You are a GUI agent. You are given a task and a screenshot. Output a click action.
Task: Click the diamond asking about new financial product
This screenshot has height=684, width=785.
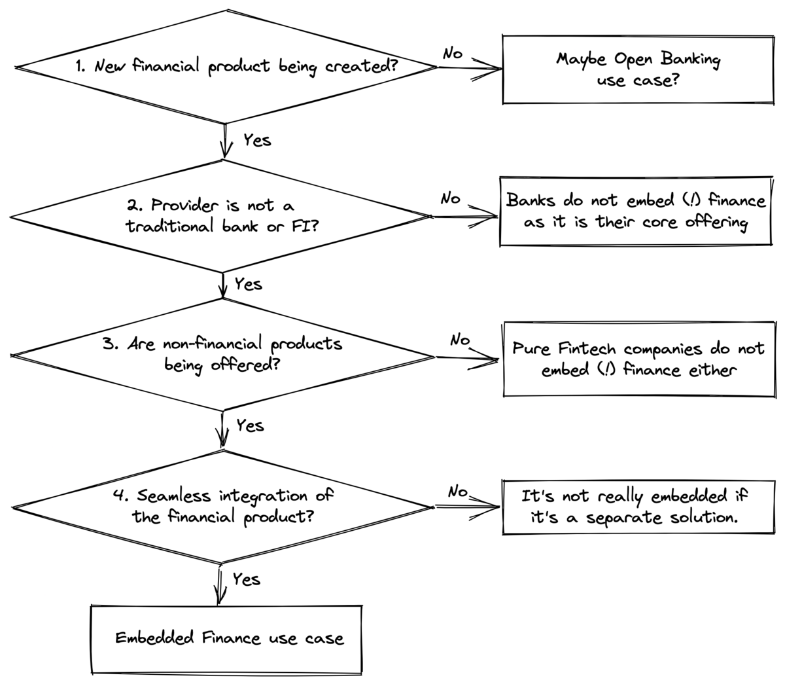pos(226,66)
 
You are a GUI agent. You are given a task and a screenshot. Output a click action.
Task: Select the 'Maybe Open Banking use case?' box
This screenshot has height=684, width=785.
pos(637,69)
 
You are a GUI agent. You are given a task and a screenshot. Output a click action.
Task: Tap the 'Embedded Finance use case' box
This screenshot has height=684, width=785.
pos(226,638)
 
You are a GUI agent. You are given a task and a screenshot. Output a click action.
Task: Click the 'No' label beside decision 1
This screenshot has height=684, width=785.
pos(452,54)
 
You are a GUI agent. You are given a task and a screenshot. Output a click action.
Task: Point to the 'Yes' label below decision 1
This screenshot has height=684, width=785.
pos(256,140)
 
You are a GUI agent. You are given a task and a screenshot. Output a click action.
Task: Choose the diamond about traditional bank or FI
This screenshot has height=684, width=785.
pos(222,215)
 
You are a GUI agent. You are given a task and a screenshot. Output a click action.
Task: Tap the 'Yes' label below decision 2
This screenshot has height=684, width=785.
pos(248,284)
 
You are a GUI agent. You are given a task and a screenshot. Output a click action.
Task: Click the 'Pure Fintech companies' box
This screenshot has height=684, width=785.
pos(638,359)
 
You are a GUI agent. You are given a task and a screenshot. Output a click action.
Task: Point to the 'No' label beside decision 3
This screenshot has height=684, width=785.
pos(459,340)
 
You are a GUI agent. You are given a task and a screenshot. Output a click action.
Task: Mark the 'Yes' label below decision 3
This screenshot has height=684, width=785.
pos(250,425)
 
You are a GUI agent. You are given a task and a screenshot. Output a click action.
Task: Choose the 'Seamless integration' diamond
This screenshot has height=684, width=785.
pos(224,506)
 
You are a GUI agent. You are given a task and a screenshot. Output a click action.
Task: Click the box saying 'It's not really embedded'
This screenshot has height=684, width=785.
pos(635,507)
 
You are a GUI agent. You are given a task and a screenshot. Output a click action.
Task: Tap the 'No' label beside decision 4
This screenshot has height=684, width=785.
pos(457,491)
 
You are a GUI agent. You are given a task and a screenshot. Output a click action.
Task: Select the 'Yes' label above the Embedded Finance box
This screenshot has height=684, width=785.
pos(246,579)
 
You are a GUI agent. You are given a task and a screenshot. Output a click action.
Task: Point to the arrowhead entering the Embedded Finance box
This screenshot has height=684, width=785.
pos(220,598)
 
